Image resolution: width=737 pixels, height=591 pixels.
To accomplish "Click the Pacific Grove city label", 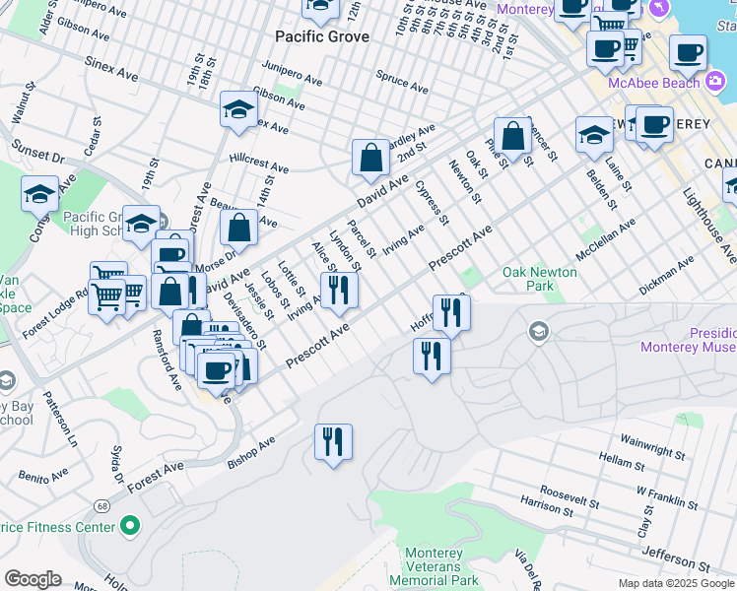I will (x=322, y=36).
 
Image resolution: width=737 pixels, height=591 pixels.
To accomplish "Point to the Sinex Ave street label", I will (x=116, y=73).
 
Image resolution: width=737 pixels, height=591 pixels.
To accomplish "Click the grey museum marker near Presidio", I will (x=539, y=332).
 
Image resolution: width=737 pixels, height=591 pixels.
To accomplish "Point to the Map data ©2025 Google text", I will (x=675, y=583).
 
